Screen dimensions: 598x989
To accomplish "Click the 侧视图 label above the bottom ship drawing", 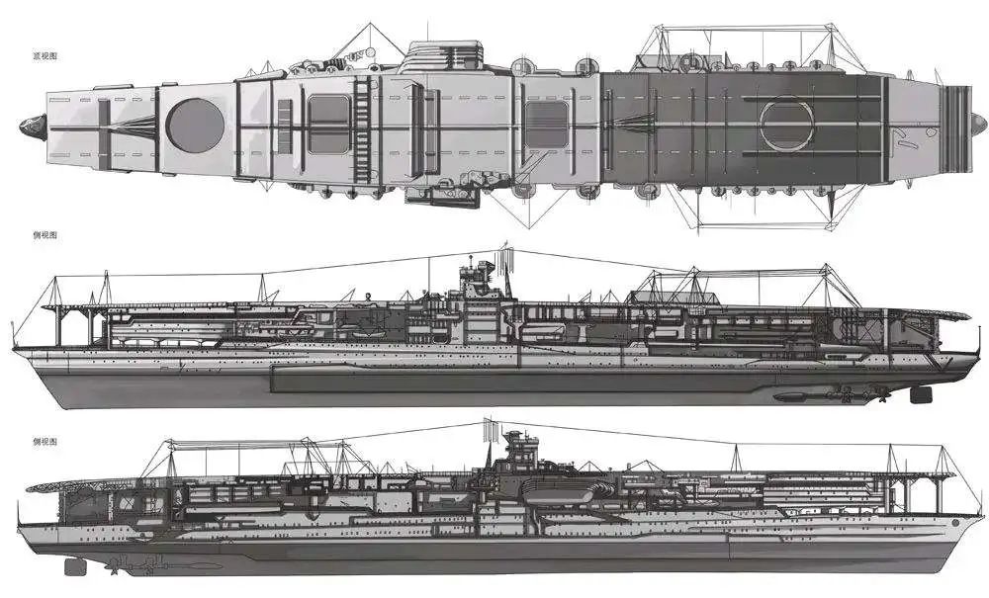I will [x=45, y=441].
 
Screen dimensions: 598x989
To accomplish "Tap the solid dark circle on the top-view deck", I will [x=189, y=123].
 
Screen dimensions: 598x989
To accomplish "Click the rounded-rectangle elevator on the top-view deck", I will [x=325, y=127].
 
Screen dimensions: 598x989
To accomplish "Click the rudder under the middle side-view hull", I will [x=920, y=394].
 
